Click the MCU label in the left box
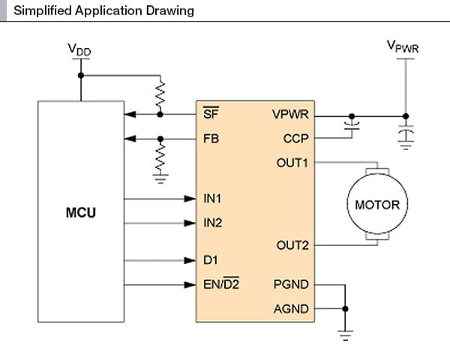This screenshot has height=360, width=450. pos(80,212)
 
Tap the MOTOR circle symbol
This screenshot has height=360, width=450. pos(377,204)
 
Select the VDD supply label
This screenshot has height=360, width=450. pos(79,49)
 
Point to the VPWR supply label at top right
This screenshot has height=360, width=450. pos(403,46)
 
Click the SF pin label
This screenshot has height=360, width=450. pos(211,115)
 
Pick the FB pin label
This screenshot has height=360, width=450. pos(211,139)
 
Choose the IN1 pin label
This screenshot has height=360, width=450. pos(214,199)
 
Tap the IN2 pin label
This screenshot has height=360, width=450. pos(214,223)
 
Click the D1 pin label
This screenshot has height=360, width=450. pos(210,260)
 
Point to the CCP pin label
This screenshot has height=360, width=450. pos(295,139)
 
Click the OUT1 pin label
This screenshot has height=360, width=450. pos(292,162)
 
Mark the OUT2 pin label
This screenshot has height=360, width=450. pos(292,245)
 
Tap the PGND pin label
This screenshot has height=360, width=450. pos(292,285)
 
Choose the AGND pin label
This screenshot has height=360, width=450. pos(292,308)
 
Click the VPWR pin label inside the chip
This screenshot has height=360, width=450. pos(290,115)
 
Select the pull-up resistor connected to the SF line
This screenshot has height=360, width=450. pos(160,94)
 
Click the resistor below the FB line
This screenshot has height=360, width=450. pos(160,157)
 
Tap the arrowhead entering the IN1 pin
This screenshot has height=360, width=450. pos(190,199)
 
